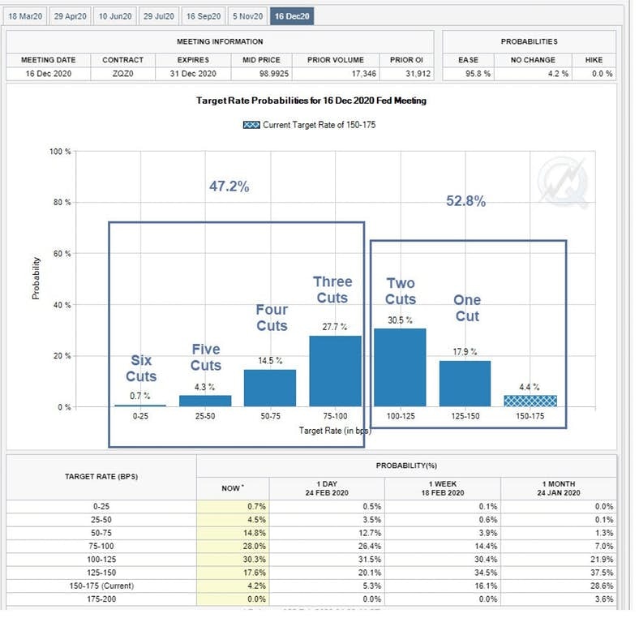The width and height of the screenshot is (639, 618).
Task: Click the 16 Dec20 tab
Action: pyautogui.click(x=292, y=15)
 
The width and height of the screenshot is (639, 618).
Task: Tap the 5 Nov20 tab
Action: pyautogui.click(x=247, y=15)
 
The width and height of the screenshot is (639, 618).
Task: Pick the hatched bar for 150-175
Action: pyautogui.click(x=530, y=401)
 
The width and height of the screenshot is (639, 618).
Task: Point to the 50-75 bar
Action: pyautogui.click(x=270, y=388)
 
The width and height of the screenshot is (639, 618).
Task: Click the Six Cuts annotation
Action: pyautogui.click(x=141, y=368)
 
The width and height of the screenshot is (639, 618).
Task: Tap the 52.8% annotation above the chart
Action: pyautogui.click(x=466, y=201)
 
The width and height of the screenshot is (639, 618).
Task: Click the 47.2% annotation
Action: pyautogui.click(x=229, y=186)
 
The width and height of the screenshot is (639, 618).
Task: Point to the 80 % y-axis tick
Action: pyautogui.click(x=62, y=203)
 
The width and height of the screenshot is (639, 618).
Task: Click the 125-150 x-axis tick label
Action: pyautogui.click(x=465, y=415)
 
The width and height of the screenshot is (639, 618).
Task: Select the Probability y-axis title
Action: pyautogui.click(x=36, y=278)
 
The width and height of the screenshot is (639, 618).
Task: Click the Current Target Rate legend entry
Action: pyautogui.click(x=309, y=125)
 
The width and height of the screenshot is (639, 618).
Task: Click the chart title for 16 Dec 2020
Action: pyautogui.click(x=311, y=101)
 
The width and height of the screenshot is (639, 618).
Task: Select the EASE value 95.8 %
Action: pyautogui.click(x=468, y=74)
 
